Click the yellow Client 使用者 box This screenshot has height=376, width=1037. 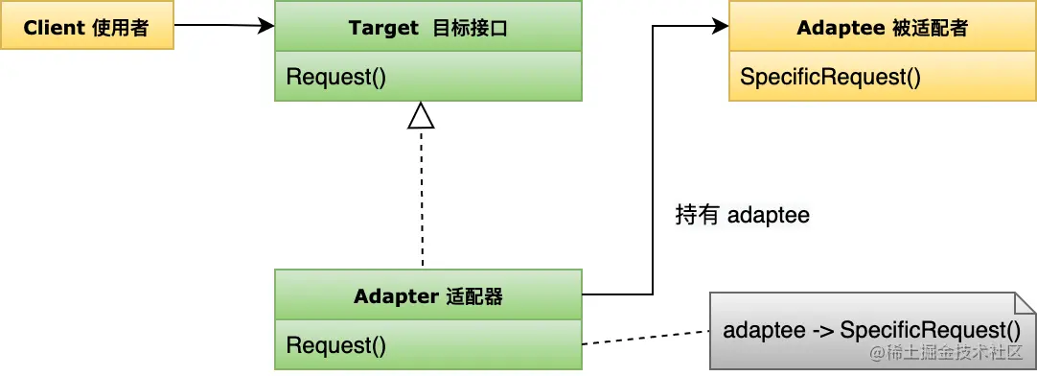(86, 27)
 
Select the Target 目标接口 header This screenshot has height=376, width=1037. (427, 27)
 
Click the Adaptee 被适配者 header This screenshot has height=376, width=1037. (882, 27)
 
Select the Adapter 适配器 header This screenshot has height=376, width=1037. (427, 295)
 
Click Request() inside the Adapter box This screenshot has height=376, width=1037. (336, 345)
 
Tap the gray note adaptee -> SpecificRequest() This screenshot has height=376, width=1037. (872, 331)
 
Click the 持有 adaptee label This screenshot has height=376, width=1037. (743, 215)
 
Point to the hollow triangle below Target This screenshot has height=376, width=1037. (422, 116)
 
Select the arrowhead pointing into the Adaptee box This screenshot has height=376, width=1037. (720, 27)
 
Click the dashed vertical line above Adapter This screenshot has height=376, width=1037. (422, 201)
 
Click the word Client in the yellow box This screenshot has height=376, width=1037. (55, 27)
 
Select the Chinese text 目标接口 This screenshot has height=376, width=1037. (469, 28)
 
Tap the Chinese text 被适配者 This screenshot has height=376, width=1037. (929, 28)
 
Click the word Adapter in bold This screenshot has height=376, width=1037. (395, 296)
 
